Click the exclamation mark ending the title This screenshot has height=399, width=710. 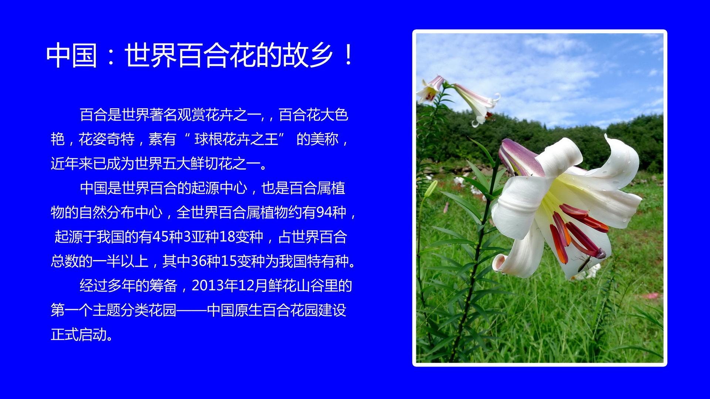[x=348, y=55]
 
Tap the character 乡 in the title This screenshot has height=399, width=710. [x=321, y=55]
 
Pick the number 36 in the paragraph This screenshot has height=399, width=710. [x=199, y=261]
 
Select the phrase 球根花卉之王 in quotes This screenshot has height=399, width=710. [x=236, y=139]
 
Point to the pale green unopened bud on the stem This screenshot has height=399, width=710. [x=431, y=188]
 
